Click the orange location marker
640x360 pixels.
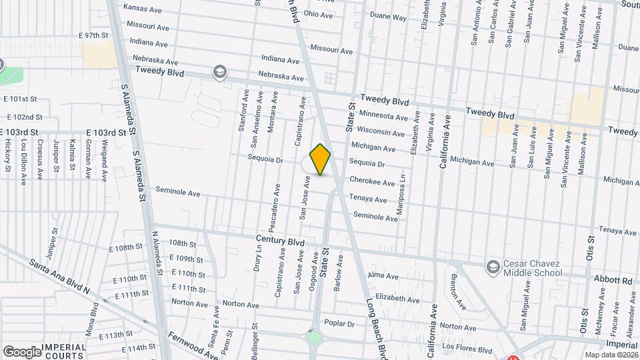[321, 159]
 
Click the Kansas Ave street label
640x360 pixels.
[143, 9]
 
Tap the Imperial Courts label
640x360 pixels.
[65, 351]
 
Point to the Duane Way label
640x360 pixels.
[388, 18]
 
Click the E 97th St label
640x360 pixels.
[93, 35]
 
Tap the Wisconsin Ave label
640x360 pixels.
[377, 129]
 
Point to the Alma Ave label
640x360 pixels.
[383, 276]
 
